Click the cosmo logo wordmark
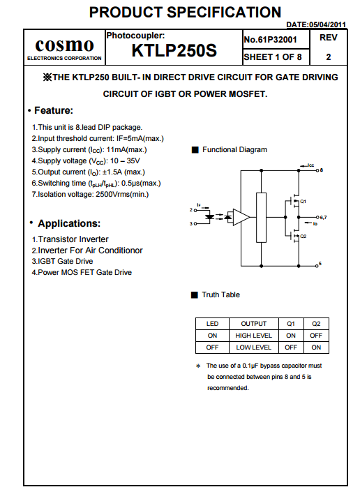coord(64,45)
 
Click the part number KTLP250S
coord(174,50)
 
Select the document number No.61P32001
coord(270,40)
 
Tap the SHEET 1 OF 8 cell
coord(273,57)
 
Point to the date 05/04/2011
coord(327,24)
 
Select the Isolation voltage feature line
coord(90,194)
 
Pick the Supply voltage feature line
coord(86,161)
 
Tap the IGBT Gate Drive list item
coord(62,262)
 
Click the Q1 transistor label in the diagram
coord(303,201)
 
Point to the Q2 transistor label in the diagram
coord(303,236)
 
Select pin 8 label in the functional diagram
coord(322,170)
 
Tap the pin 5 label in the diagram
coord(320,264)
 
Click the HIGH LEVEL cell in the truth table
coord(254,336)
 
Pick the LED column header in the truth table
coord(212,324)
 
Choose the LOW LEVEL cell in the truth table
coord(254,347)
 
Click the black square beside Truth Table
coord(194,295)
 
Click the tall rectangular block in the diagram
coord(262,218)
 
